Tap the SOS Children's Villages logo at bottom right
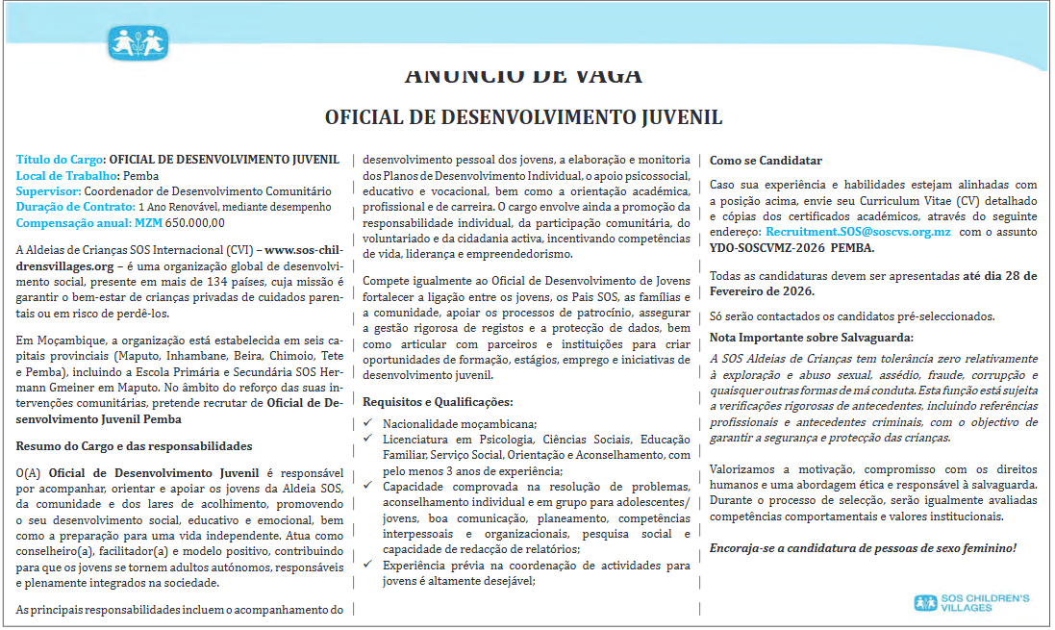tap(971, 604)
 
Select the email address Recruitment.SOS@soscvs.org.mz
tap(858, 232)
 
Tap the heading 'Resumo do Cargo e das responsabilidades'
tap(134, 445)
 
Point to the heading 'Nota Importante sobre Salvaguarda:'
tap(812, 337)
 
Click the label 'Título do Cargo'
tap(60, 159)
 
